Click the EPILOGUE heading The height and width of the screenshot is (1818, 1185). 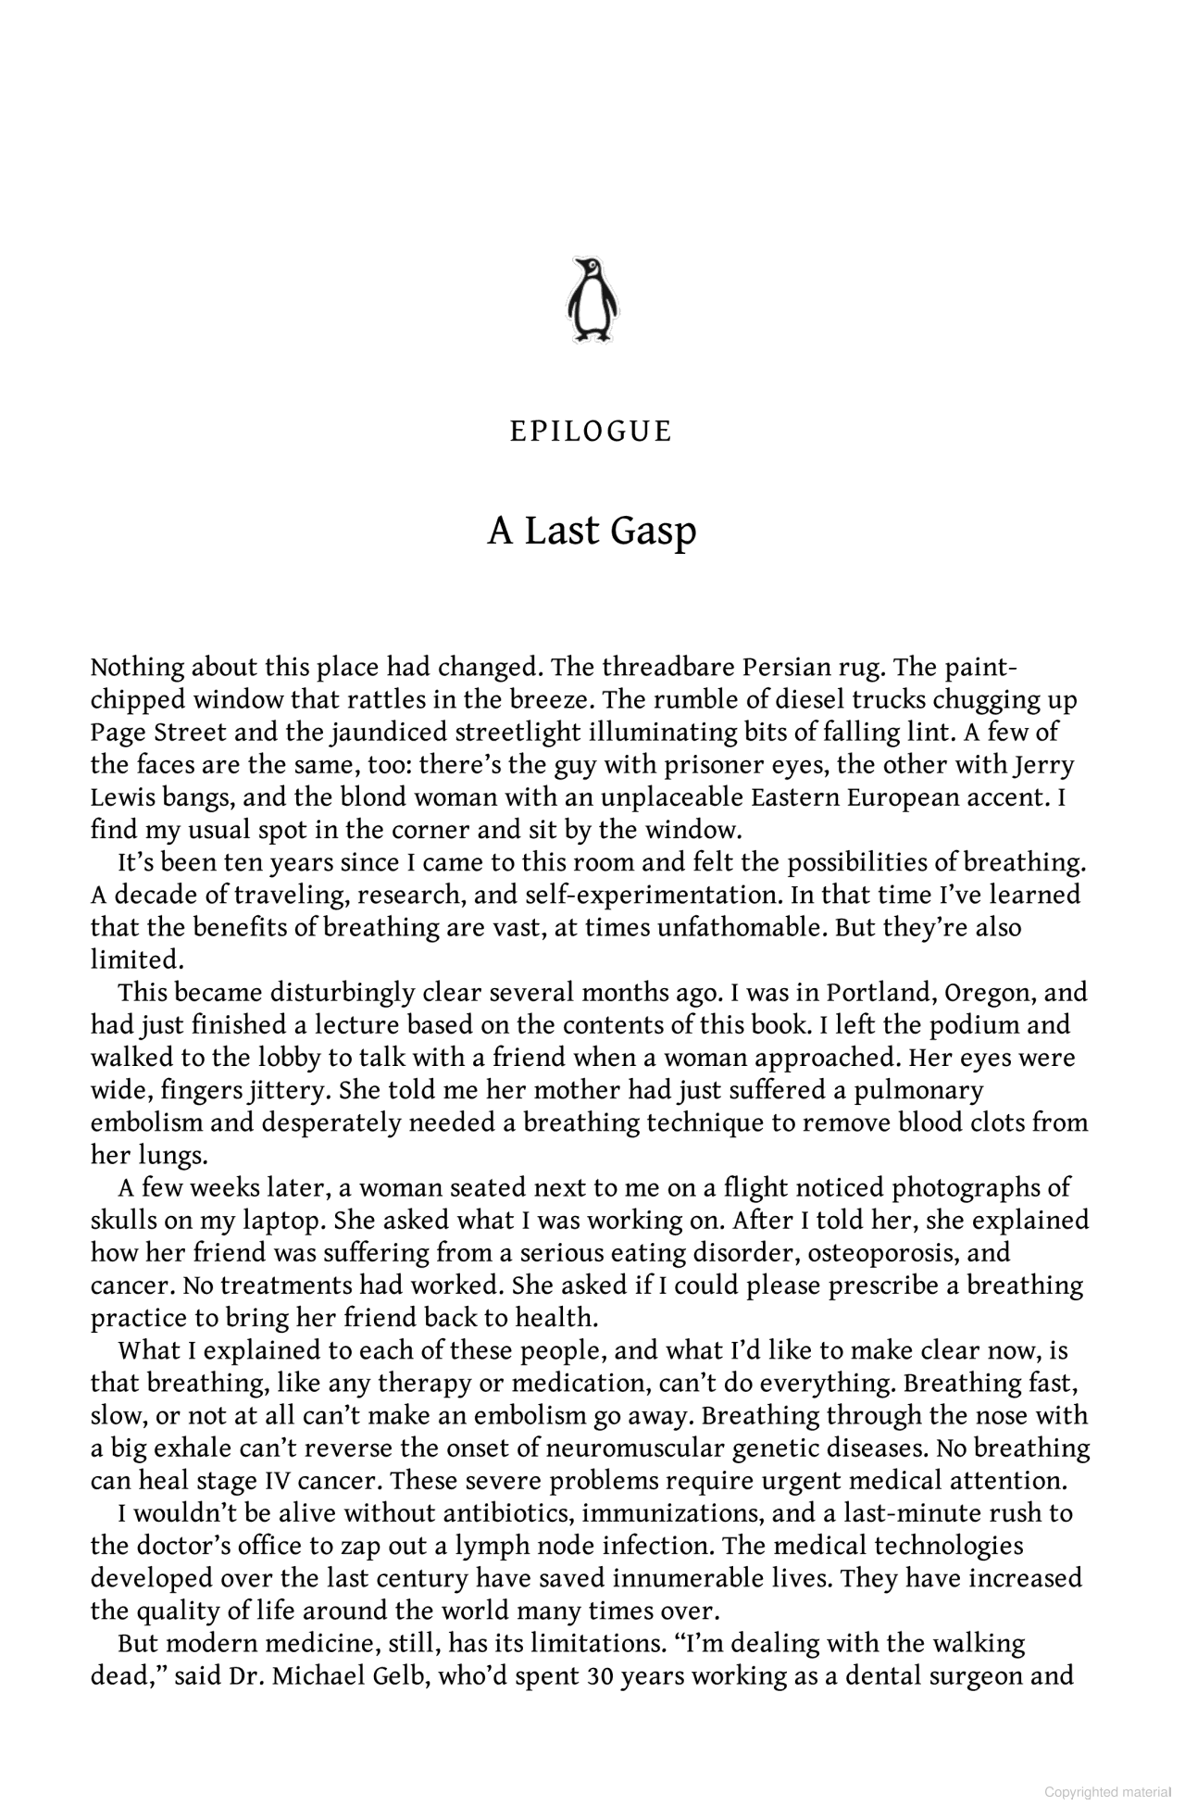tap(592, 433)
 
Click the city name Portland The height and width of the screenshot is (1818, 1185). tap(880, 993)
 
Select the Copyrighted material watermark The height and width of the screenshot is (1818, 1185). tap(1107, 1792)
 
